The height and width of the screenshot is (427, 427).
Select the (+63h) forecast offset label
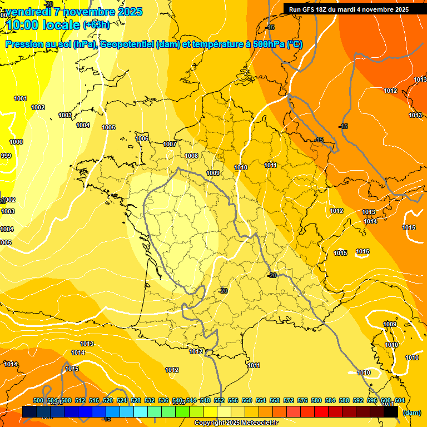click(96, 25)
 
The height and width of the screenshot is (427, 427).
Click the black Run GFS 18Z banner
click(349, 9)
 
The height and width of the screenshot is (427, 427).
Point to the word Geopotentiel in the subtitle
click(125, 44)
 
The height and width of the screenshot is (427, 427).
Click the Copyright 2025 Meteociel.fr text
click(236, 423)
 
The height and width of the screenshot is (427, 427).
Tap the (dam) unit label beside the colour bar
click(411, 413)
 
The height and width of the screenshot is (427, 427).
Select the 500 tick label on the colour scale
click(38, 401)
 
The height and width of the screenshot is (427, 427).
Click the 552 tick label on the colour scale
click(219, 401)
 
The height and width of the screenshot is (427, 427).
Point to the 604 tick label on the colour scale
click(400, 401)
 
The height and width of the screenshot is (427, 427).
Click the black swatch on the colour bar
click(391, 412)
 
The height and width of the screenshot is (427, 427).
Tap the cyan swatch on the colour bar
click(141, 412)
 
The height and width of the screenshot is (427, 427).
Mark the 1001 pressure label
click(21, 99)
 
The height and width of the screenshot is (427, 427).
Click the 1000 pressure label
click(17, 142)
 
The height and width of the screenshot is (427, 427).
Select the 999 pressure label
click(6, 156)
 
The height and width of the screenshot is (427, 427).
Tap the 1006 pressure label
click(142, 138)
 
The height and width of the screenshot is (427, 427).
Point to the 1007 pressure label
click(170, 145)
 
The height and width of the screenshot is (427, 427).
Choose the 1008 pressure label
click(192, 156)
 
